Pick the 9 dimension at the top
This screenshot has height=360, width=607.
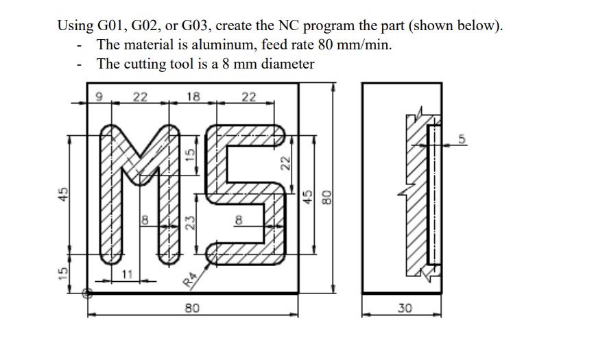98,97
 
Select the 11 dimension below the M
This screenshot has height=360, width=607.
126,274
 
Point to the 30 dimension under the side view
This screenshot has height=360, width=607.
404,309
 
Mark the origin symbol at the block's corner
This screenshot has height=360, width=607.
87,293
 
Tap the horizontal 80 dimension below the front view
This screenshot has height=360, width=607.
192,309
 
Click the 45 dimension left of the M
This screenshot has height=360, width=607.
62,194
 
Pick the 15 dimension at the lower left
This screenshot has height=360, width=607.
62,273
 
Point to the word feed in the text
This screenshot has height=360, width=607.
333,45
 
